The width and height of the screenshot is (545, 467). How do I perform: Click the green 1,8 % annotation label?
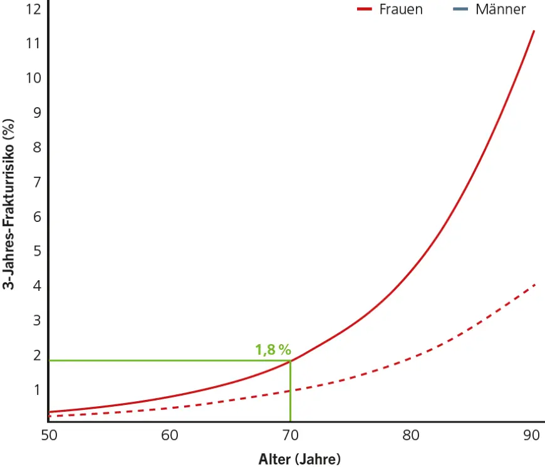[x=273, y=350]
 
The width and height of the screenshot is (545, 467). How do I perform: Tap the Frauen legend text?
[x=401, y=9]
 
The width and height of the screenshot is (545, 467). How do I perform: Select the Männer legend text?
[x=501, y=9]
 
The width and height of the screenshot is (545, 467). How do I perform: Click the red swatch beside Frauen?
[x=365, y=9]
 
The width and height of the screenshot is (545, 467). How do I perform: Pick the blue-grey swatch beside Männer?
[x=460, y=9]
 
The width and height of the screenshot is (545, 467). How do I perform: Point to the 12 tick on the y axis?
[x=34, y=9]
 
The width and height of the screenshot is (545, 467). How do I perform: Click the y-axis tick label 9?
[x=37, y=113]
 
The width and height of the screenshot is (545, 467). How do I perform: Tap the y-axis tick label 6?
[x=37, y=217]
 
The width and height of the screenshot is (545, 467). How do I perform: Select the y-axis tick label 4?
[x=37, y=286]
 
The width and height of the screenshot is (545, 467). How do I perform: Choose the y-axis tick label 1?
[x=37, y=390]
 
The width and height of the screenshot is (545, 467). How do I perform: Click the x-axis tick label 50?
[x=49, y=436]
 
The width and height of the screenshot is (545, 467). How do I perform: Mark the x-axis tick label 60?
[x=170, y=436]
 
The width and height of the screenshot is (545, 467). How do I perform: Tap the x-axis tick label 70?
[x=290, y=436]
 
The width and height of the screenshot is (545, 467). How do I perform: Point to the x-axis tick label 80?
[x=411, y=436]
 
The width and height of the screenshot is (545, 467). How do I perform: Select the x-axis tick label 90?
[x=531, y=436]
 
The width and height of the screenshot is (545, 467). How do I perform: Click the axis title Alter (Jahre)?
[x=299, y=459]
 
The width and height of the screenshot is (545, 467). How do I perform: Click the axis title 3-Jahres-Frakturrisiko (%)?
[x=9, y=204]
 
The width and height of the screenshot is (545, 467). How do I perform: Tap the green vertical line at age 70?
[x=290, y=391]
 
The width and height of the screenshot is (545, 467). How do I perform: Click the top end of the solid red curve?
[x=534, y=31]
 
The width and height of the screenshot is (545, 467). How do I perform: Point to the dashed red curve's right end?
[x=534, y=285]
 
